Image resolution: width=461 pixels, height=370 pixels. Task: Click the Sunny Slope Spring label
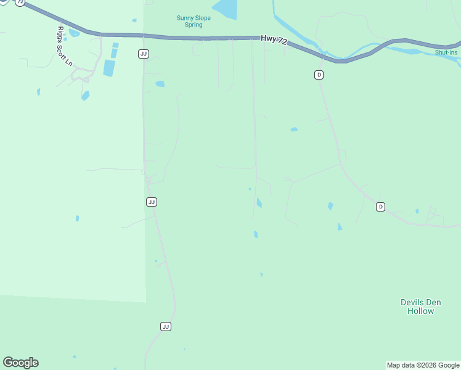[194, 22]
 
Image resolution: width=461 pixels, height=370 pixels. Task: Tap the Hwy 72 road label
[274, 39]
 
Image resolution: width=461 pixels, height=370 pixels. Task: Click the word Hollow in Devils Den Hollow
[420, 311]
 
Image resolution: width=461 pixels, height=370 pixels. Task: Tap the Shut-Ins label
[447, 52]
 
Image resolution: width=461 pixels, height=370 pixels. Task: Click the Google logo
[20, 363]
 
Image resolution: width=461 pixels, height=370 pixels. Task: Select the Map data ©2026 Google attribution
[423, 365]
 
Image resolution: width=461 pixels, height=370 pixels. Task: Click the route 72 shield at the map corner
[20, 2]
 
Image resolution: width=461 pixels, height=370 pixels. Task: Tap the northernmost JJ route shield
[143, 54]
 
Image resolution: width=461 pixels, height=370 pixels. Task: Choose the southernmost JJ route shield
[165, 326]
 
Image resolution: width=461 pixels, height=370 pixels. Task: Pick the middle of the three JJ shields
[152, 202]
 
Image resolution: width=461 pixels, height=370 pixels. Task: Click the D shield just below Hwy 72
[319, 75]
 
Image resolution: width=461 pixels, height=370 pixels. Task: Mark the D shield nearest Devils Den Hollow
[380, 207]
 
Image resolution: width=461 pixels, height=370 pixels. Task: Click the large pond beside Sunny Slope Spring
[226, 9]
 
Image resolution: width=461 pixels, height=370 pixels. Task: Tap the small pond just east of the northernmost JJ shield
[160, 84]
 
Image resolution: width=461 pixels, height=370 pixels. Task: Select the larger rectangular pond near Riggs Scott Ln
[109, 67]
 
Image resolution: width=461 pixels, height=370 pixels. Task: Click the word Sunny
[185, 18]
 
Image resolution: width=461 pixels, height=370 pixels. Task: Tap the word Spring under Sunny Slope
[194, 25]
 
